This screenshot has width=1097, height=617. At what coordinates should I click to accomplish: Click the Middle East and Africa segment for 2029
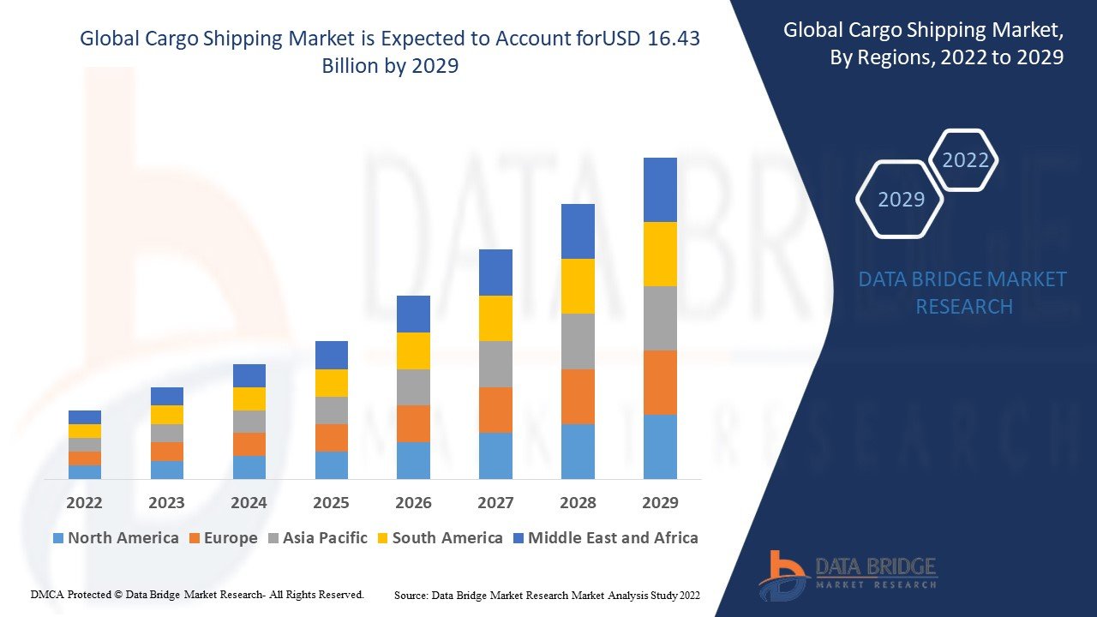point(660,189)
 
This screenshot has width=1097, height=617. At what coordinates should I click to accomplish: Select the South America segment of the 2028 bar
point(578,286)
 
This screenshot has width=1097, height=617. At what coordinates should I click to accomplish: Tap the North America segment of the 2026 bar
point(413,460)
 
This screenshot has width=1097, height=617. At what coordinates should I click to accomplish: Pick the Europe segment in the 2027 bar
point(495,410)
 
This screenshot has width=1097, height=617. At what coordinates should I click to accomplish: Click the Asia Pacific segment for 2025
point(332,410)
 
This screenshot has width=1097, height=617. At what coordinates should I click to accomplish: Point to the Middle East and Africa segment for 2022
point(85,417)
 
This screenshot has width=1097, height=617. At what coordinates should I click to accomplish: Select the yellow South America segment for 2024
point(249,398)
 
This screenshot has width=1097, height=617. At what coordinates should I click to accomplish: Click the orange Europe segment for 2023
point(167,452)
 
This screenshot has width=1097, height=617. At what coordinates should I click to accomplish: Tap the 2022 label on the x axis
point(84,502)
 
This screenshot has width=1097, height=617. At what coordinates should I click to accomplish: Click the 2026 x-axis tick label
point(413,502)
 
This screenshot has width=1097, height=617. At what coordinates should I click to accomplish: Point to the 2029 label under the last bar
point(660,502)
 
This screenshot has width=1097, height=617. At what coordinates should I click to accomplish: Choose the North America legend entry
point(116,538)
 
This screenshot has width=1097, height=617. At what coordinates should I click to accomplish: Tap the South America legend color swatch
point(381,538)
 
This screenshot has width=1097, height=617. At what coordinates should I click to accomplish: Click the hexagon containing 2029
point(900,200)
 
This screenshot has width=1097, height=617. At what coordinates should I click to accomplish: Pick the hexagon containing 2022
point(965,160)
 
